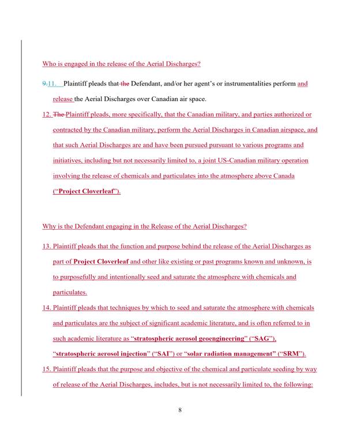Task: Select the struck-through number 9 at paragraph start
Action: pos(44,84)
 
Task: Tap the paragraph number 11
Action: pos(53,84)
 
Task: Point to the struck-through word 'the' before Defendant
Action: pos(125,84)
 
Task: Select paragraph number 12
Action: pos(47,115)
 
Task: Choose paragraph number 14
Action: pos(47,308)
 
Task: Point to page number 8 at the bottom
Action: pos(180,410)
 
